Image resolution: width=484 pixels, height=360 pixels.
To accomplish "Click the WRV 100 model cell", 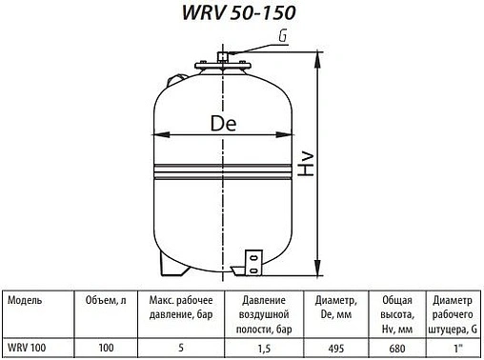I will click(x=29, y=349).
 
